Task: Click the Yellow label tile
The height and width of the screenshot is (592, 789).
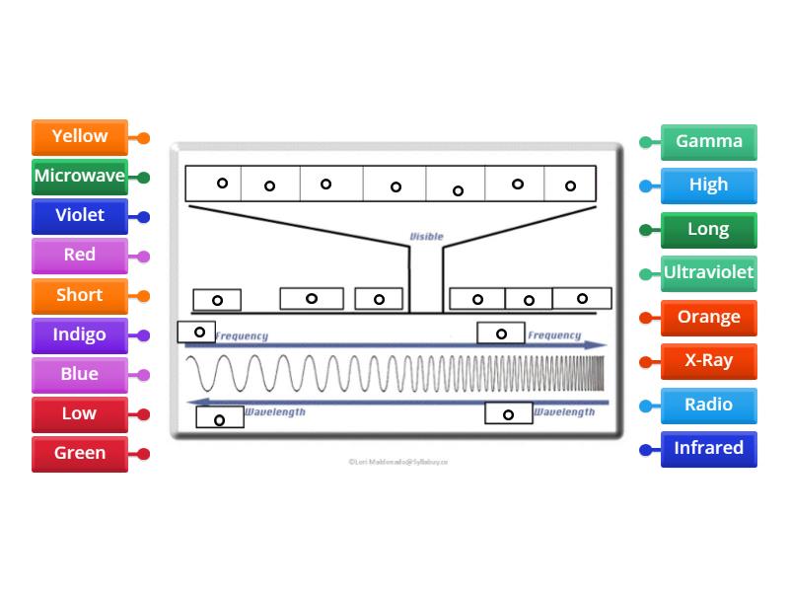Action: point(80,137)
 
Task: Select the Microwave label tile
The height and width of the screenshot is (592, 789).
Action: point(80,177)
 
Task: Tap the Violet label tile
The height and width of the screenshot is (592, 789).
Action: point(80,216)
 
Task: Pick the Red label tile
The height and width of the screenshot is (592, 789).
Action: point(80,256)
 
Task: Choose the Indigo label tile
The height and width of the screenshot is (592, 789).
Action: point(80,334)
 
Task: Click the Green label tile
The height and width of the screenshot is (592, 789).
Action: point(80,453)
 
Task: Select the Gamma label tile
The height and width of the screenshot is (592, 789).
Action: point(708,141)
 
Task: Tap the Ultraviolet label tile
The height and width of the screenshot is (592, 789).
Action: point(708,272)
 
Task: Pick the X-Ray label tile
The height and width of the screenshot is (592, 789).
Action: point(708,360)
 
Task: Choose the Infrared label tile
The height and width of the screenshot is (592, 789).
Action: point(708,448)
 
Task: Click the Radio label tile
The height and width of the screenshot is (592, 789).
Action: point(708,405)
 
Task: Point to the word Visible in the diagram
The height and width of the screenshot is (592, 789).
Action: point(426,237)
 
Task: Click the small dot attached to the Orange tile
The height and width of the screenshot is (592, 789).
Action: point(646,318)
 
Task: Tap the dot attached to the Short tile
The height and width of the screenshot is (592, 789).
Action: point(143,296)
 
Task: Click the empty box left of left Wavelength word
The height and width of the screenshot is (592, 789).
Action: point(219,418)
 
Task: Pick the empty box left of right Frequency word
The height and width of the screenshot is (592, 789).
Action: point(501,333)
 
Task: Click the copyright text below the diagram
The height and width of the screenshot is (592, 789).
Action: point(398,461)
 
